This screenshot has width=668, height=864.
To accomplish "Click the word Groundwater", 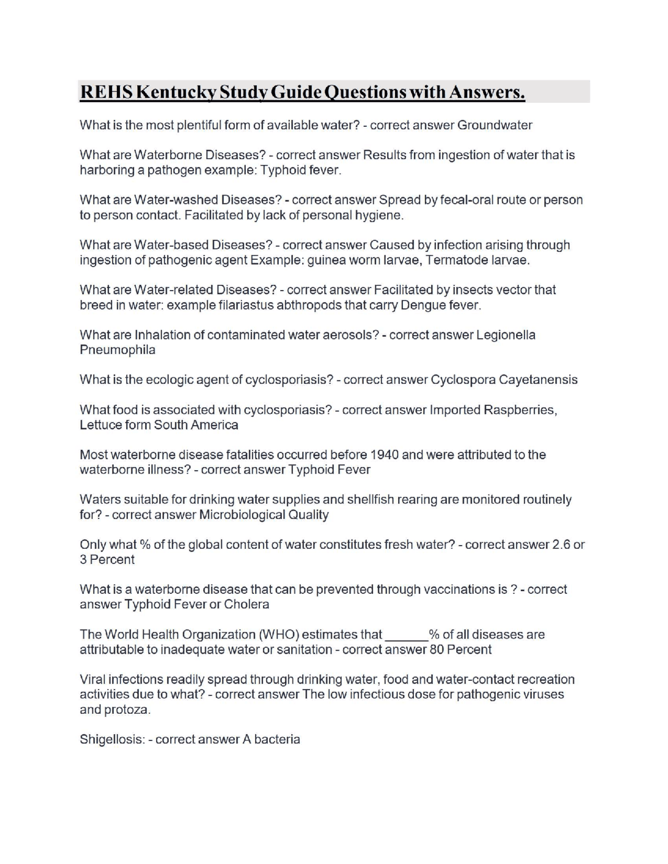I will [x=494, y=125].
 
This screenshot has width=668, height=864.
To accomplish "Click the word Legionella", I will [x=506, y=334].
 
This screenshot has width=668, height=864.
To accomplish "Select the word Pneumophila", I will [x=117, y=350].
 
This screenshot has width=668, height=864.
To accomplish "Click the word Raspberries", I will [x=519, y=410].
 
